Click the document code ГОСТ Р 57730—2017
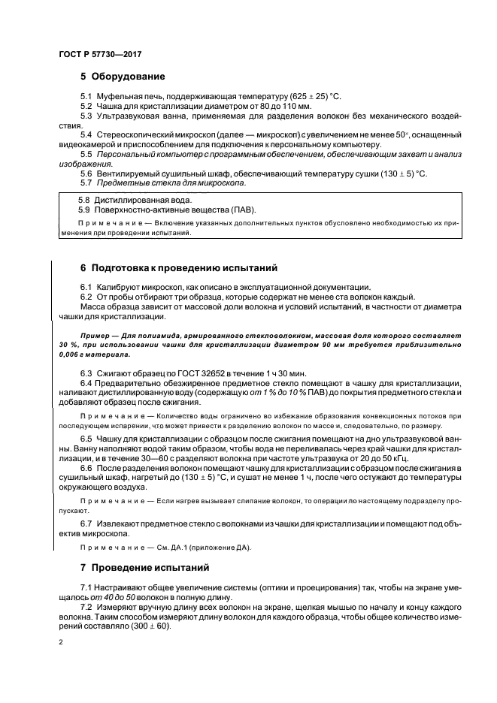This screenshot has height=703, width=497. (x=100, y=55)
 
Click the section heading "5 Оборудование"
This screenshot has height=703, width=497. (x=123, y=77)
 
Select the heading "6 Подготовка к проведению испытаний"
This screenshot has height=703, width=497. (x=180, y=267)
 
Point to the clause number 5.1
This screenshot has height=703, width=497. (x=86, y=97)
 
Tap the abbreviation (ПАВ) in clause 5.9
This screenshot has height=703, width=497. (x=242, y=210)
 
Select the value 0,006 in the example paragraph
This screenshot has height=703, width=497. (x=71, y=354)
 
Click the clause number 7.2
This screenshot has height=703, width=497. (x=86, y=605)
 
